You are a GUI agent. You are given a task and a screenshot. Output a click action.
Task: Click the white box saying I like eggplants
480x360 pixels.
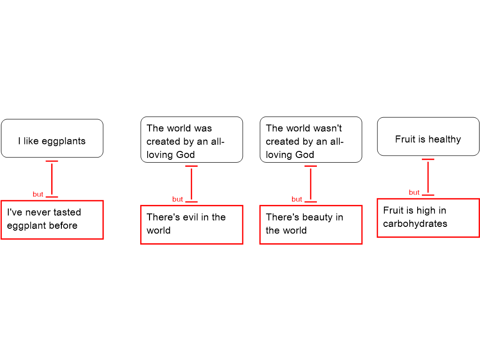tap(52, 138)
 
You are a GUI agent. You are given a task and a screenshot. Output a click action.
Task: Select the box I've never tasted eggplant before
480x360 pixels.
tap(52, 220)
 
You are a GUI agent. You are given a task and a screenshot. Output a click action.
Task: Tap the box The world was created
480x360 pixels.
tap(192, 140)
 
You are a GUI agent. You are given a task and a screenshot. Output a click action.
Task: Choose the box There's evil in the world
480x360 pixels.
tap(192, 225)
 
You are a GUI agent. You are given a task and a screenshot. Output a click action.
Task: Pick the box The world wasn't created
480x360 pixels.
tap(311, 140)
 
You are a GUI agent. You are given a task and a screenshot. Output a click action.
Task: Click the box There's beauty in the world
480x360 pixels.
tap(311, 225)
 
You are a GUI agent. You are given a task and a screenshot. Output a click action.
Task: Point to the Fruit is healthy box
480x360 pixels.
tap(428, 137)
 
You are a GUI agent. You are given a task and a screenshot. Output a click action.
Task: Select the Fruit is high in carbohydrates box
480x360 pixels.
tap(428, 218)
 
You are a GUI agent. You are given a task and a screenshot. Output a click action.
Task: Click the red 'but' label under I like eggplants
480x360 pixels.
tap(38, 194)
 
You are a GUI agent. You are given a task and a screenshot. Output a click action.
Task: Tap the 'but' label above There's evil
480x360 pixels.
tap(178, 199)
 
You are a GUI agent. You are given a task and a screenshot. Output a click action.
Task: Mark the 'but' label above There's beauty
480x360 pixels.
tap(297, 199)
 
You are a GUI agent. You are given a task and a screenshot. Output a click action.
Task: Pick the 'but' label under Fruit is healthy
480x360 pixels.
tap(414, 192)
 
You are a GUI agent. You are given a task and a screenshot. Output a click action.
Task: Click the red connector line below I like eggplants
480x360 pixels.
tap(52, 179)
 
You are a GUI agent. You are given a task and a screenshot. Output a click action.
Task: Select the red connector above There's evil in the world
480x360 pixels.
tap(191, 184)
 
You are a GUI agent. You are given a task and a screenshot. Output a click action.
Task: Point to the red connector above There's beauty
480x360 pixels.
tap(311, 184)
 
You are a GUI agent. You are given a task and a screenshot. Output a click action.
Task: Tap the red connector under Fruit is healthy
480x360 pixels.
tap(428, 177)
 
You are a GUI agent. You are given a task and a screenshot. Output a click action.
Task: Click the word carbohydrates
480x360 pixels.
tap(415, 224)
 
